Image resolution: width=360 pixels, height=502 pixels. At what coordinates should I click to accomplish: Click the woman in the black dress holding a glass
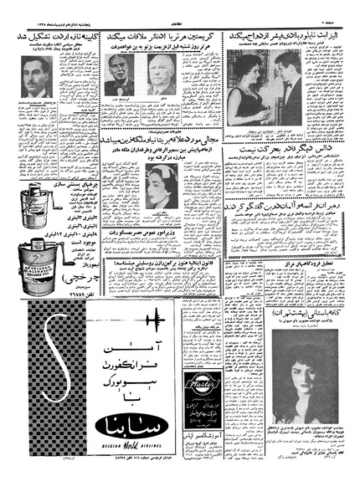pos(254,89)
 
